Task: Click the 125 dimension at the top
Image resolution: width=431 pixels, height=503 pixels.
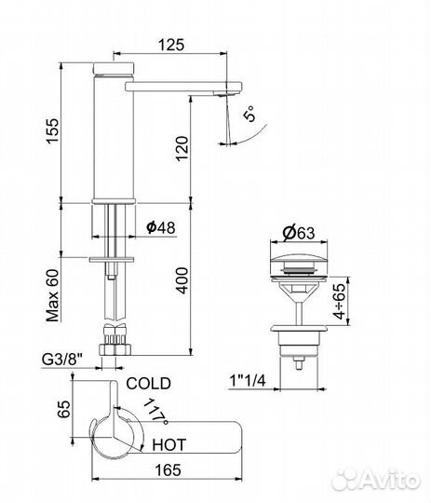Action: click(x=171, y=45)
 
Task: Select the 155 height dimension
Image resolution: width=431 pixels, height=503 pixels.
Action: click(x=53, y=131)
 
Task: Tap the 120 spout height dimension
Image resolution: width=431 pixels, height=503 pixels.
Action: click(x=182, y=148)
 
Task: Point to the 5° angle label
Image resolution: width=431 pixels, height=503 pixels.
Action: click(x=250, y=114)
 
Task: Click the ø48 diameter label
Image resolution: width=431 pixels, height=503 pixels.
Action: click(x=161, y=227)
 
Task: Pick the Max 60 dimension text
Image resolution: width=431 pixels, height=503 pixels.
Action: click(x=53, y=295)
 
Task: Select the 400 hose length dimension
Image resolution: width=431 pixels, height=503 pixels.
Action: click(x=182, y=280)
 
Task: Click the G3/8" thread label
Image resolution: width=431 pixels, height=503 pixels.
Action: click(x=61, y=360)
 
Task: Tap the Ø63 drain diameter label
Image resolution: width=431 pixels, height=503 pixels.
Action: click(x=299, y=233)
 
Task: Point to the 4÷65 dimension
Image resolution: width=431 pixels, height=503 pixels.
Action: click(x=340, y=301)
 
